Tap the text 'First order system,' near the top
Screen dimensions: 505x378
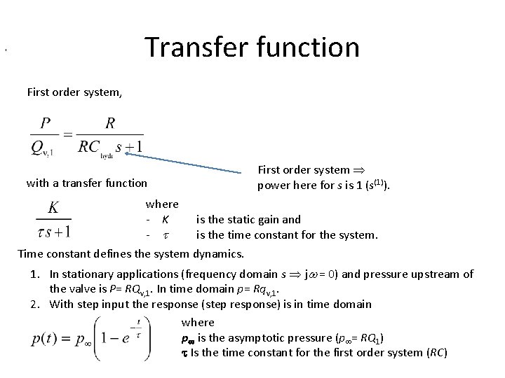coord(74,92)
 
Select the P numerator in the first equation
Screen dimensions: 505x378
coord(45,122)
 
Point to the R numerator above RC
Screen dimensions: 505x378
coord(110,122)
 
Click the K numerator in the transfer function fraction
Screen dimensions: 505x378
coord(53,207)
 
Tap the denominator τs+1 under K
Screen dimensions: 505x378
coord(53,228)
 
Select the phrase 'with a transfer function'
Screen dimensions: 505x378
coord(86,183)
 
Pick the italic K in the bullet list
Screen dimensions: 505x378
coord(165,220)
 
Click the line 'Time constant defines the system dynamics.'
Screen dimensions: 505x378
coord(130,253)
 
